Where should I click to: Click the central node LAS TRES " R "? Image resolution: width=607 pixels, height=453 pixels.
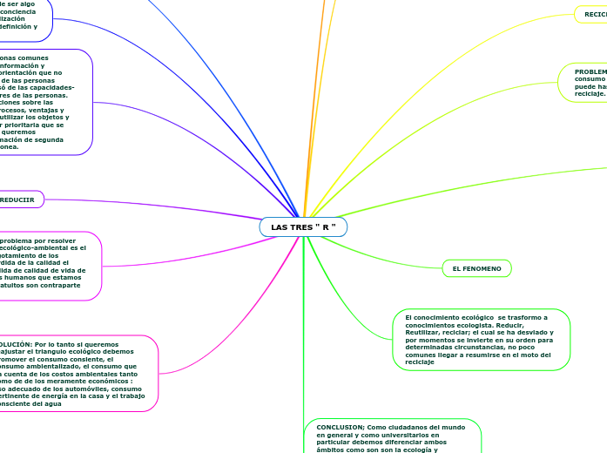click(x=303, y=227)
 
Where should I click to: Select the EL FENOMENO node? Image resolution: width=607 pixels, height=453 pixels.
click(x=476, y=269)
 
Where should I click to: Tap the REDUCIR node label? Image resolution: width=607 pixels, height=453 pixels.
click(x=17, y=199)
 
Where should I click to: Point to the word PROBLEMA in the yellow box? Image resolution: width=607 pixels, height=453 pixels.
click(x=590, y=71)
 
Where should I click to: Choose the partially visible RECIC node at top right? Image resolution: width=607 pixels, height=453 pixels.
click(x=594, y=14)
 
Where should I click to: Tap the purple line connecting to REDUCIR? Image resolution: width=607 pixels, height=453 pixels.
click(x=157, y=204)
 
